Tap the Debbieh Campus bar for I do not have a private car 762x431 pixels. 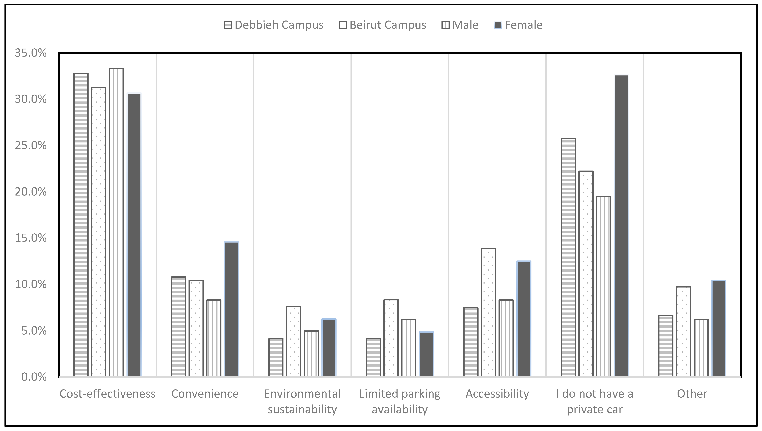click(x=568, y=258)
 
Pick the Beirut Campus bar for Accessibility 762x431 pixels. click(x=489, y=312)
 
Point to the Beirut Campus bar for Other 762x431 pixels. click(x=683, y=332)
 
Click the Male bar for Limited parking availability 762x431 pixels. click(x=409, y=348)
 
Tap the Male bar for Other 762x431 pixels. click(x=701, y=348)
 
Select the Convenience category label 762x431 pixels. click(x=205, y=394)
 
